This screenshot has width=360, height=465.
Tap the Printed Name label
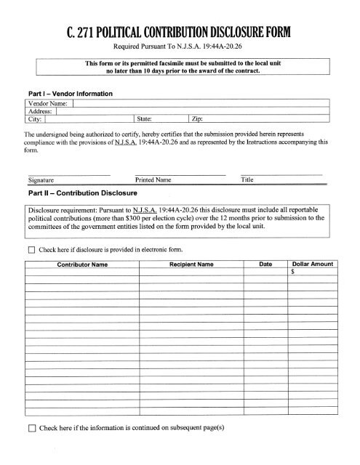[153, 179]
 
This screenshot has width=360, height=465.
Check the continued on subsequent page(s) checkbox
[30, 428]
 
